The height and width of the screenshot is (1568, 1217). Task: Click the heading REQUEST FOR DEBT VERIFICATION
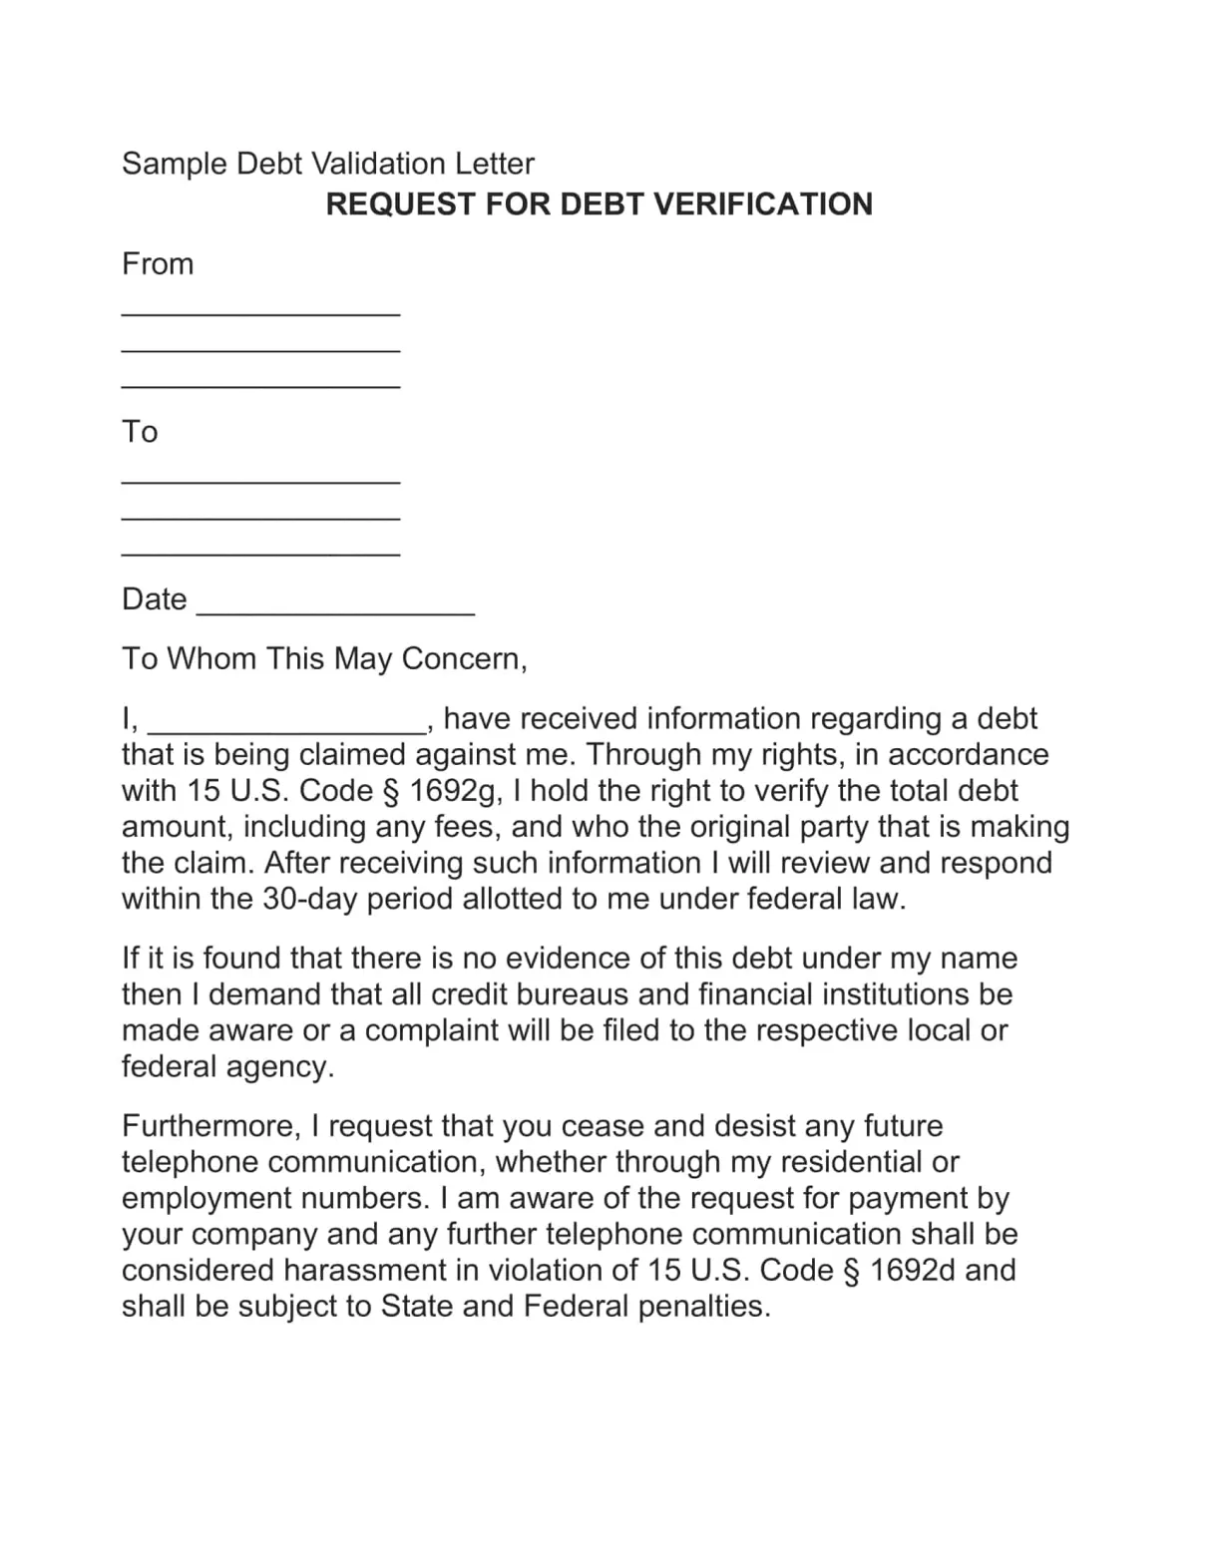point(599,204)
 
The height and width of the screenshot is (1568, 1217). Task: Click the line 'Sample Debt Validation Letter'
point(327,164)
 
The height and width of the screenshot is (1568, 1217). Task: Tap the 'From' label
point(158,264)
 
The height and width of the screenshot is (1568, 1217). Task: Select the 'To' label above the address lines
point(140,432)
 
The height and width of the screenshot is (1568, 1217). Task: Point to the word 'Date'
point(154,599)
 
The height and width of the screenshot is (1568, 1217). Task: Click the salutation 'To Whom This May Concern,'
point(324,659)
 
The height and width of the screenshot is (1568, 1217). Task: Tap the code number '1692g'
point(454,791)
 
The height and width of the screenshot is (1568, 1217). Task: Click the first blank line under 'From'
point(260,313)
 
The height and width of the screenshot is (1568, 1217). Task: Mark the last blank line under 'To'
point(260,553)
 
